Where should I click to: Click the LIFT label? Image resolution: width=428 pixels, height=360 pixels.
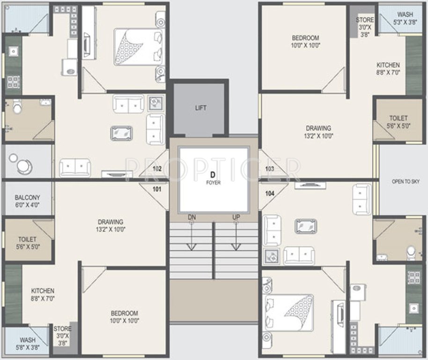200,108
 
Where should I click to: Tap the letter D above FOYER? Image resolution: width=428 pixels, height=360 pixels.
213,174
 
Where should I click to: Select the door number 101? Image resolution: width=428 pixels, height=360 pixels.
156,190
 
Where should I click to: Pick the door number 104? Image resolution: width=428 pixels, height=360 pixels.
269,193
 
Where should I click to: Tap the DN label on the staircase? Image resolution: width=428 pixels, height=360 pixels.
192,217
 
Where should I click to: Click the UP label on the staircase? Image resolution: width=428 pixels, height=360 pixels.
236,217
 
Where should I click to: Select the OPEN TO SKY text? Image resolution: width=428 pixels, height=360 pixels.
406,181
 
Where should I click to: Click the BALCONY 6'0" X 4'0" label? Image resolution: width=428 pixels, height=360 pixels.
27,201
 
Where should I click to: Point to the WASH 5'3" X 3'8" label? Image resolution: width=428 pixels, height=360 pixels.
405,18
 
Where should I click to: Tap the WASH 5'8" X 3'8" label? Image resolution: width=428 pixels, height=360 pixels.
27,344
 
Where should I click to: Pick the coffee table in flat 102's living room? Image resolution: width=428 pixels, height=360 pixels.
121,133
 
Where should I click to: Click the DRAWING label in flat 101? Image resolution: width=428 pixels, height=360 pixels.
111,225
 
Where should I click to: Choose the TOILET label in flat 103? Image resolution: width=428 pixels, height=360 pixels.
398,122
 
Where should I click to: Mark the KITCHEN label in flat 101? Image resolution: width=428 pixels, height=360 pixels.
43,294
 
